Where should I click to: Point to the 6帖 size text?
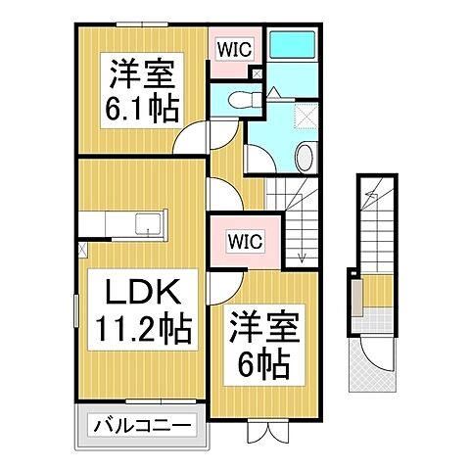261,365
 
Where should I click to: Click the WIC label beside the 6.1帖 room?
232,46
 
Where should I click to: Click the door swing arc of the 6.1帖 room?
195,137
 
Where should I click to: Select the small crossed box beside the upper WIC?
257,73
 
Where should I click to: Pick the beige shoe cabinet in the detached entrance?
359,295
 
